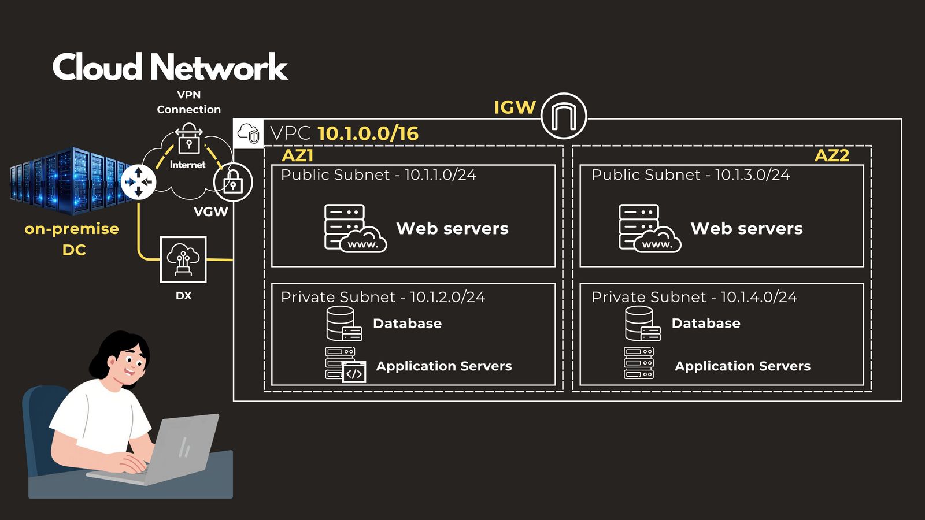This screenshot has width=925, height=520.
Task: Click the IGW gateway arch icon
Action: [x=564, y=116]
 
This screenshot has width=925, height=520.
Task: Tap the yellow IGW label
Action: [x=515, y=107]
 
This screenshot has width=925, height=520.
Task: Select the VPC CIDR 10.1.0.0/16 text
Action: [x=368, y=133]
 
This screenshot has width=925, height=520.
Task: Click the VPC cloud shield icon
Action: [x=249, y=133]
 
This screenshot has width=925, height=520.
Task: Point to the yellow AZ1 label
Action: [x=297, y=155]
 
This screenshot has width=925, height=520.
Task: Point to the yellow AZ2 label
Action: [x=832, y=155]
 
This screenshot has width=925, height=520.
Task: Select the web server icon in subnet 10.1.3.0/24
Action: [x=650, y=228]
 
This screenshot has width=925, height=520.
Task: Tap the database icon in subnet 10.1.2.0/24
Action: [x=344, y=324]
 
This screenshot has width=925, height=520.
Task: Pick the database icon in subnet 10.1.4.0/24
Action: [x=642, y=324]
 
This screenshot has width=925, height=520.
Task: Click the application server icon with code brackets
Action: [x=346, y=365]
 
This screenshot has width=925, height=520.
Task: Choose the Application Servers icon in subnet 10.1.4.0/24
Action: [x=639, y=363]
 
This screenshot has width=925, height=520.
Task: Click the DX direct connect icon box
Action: [x=183, y=259]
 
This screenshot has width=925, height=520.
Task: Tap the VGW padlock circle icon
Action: [x=233, y=182]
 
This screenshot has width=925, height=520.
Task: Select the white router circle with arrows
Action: [x=138, y=182]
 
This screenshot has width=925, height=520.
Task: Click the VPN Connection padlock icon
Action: [x=188, y=139]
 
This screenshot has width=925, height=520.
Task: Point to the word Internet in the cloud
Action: [x=187, y=165]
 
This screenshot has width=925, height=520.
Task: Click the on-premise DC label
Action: [x=72, y=239]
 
